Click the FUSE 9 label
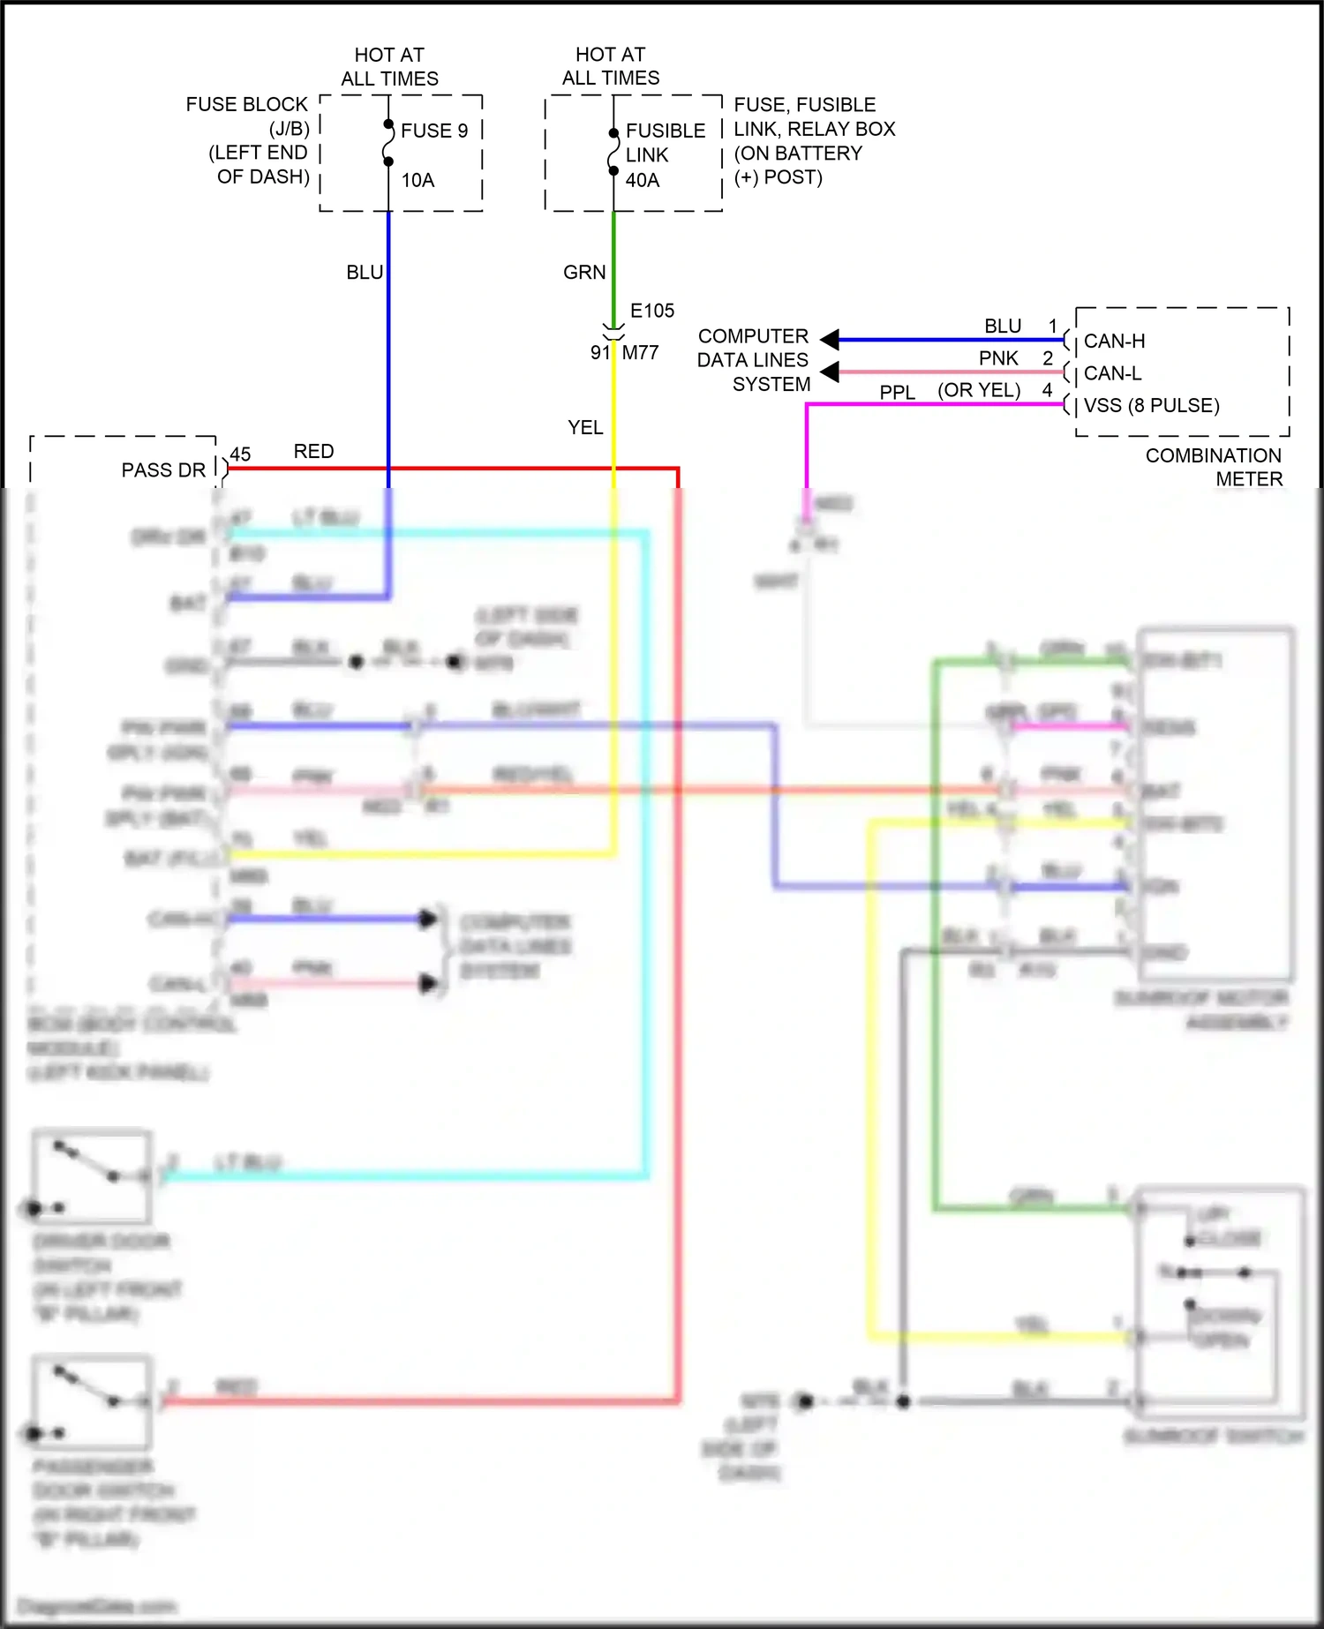point(433,131)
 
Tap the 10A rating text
point(418,180)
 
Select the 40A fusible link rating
point(642,180)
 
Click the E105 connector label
point(651,311)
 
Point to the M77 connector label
point(640,352)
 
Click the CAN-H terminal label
point(1114,341)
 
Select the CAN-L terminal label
point(1112,373)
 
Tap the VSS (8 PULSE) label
point(1151,405)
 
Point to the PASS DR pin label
point(163,470)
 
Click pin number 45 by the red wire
point(240,454)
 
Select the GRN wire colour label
point(584,273)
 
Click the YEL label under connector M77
point(585,427)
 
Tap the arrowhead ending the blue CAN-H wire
point(830,339)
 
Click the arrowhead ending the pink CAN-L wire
point(830,372)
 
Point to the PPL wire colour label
point(897,392)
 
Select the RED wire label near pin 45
point(313,451)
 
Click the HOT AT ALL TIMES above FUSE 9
point(389,67)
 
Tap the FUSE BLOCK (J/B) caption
point(247,116)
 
